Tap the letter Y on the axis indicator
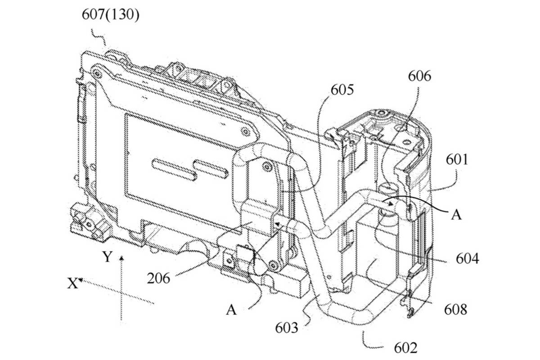click(x=107, y=257)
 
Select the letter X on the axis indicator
click(x=72, y=283)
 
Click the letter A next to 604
click(x=456, y=215)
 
